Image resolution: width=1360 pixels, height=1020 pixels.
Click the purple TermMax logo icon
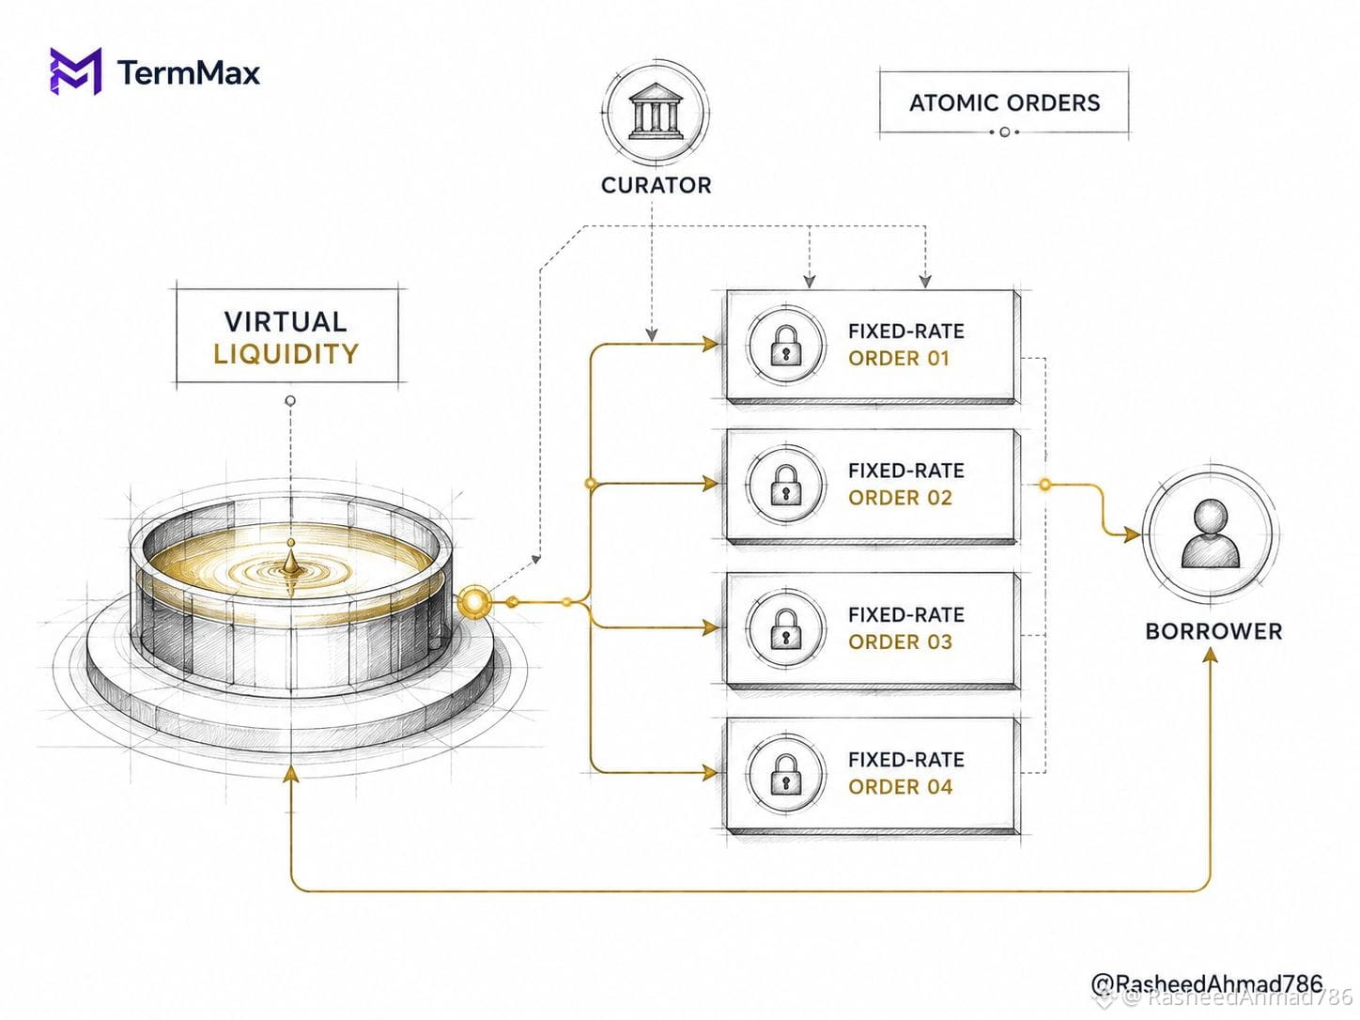[x=75, y=71]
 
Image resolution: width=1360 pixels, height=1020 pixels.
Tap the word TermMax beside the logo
[x=189, y=72]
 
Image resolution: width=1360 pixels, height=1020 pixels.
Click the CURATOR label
[x=657, y=185]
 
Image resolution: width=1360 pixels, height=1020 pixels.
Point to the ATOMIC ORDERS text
[x=1004, y=102]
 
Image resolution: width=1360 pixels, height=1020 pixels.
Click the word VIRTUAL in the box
[x=286, y=322]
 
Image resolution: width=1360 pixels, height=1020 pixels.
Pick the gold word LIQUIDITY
[x=286, y=354]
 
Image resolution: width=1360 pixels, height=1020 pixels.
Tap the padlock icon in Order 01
[x=786, y=346]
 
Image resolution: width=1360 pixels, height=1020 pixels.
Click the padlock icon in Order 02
[x=786, y=485]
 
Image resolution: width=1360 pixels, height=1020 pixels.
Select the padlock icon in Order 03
[x=786, y=629]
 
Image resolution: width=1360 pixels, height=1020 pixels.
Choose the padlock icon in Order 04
[x=786, y=774]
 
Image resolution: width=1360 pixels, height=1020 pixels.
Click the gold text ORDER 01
[x=899, y=359]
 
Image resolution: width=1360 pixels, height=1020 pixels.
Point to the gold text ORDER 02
[x=900, y=498]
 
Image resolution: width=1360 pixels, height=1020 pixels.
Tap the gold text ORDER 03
[x=900, y=642]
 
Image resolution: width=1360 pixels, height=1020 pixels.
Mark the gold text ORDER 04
[x=900, y=787]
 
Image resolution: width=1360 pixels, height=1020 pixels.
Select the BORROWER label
[x=1213, y=632]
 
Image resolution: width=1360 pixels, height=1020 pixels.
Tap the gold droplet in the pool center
[x=291, y=559]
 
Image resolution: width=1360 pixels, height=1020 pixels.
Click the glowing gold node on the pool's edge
[x=475, y=601]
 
